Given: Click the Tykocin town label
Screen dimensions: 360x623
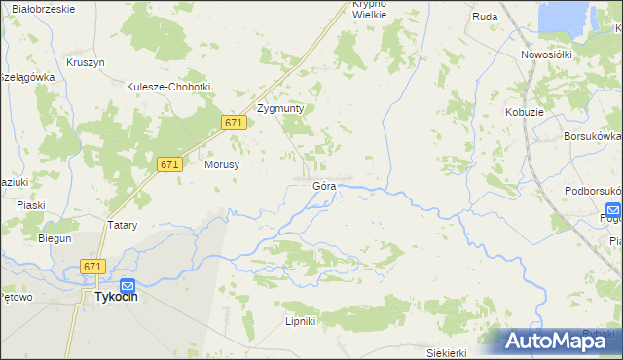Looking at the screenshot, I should coord(116,299).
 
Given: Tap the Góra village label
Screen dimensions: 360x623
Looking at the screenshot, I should coord(324,184).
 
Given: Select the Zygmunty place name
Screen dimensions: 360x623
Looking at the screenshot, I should coord(280,109).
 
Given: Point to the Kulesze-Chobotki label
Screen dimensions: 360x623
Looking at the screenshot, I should coord(168,86).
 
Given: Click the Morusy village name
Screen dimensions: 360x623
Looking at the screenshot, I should coord(222,164).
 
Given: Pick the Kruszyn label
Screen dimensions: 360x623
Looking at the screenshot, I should coord(86,62).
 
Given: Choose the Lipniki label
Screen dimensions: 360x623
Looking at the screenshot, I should coord(300,321).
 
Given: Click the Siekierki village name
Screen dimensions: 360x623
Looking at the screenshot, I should coord(448,352).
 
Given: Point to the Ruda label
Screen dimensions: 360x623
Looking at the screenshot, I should coord(485,17).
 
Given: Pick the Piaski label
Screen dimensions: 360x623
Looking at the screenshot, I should coord(32,204).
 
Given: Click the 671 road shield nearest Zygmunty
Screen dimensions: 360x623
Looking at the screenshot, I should coord(233,123).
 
